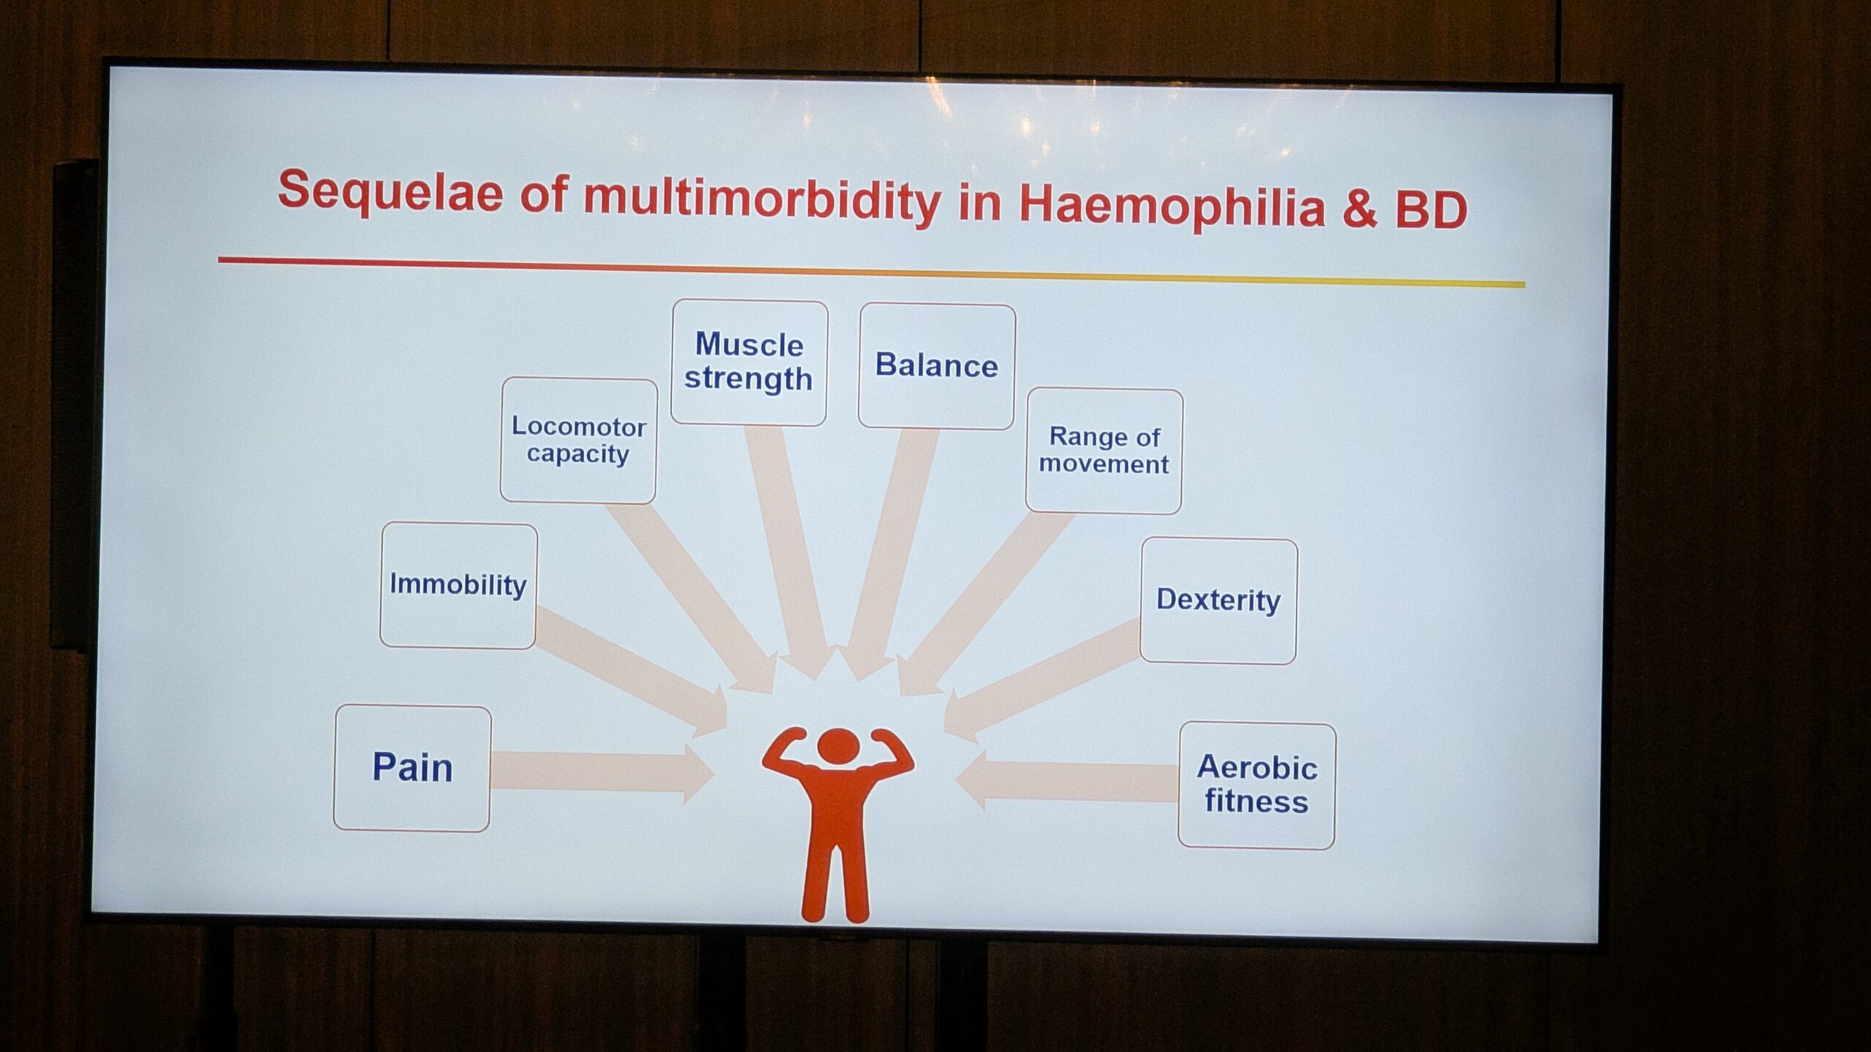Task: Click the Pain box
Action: pyautogui.click(x=412, y=768)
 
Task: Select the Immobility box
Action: pyautogui.click(x=458, y=585)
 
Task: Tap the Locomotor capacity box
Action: pyautogui.click(x=578, y=440)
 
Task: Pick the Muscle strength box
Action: pyautogui.click(x=749, y=362)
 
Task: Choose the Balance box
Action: pyautogui.click(x=937, y=366)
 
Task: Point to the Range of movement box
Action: pyautogui.click(x=1104, y=451)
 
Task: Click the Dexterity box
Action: pyautogui.click(x=1218, y=601)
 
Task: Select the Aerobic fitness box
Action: pyautogui.click(x=1256, y=785)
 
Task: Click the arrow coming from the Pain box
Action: pyautogui.click(x=602, y=772)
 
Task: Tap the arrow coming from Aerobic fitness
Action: pyautogui.click(x=1066, y=781)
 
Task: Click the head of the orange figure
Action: pyautogui.click(x=838, y=747)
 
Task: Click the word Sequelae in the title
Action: pyautogui.click(x=390, y=191)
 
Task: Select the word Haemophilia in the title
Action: pyautogui.click(x=1172, y=207)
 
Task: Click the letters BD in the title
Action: pyautogui.click(x=1430, y=210)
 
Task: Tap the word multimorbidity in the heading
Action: pyautogui.click(x=762, y=199)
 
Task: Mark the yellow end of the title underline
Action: pyautogui.click(x=1522, y=284)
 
